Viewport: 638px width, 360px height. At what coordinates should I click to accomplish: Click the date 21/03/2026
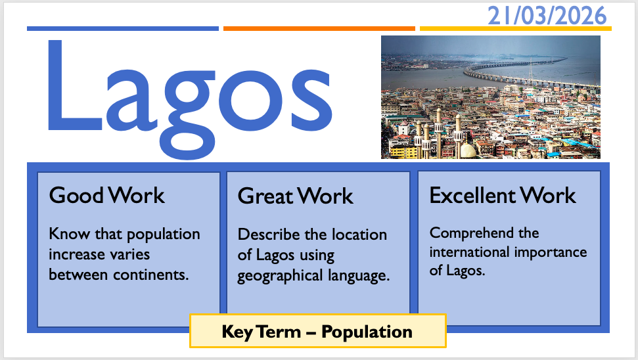[547, 16]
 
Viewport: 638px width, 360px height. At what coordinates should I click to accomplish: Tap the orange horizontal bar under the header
[319, 28]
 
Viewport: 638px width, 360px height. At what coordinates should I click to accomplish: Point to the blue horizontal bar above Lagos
[123, 28]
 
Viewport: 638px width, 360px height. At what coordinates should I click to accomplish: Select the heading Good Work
[106, 195]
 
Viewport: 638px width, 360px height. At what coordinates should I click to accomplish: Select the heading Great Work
[296, 196]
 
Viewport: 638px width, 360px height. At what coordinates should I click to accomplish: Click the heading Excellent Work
[503, 195]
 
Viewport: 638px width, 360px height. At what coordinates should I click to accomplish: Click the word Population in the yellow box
[367, 332]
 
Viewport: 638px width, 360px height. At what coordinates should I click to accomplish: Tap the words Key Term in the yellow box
[261, 332]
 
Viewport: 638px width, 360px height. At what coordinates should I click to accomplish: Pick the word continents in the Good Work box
[151, 275]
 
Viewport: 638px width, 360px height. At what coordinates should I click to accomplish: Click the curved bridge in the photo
[529, 76]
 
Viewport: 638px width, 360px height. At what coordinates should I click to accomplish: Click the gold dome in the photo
[468, 150]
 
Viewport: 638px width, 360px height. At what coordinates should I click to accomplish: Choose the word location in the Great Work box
[359, 235]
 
